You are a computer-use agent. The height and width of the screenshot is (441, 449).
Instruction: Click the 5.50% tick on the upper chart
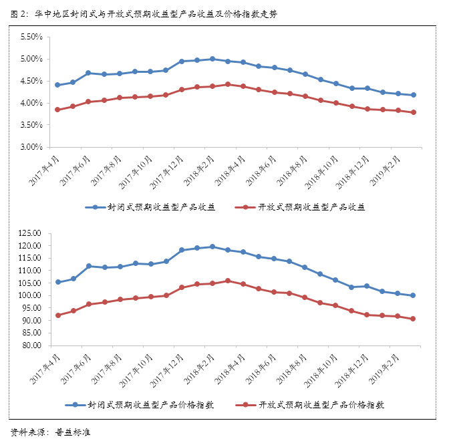pyautogui.click(x=31, y=37)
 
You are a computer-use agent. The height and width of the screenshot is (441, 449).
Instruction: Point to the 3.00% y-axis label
pyautogui.click(x=31, y=146)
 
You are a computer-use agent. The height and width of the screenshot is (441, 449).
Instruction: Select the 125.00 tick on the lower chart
pyautogui.click(x=30, y=233)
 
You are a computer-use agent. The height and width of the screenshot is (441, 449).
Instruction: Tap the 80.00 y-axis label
pyautogui.click(x=32, y=345)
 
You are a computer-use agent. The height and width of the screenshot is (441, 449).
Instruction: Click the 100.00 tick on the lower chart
pyautogui.click(x=30, y=295)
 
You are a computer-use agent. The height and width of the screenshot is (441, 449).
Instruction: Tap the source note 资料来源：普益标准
pyautogui.click(x=51, y=431)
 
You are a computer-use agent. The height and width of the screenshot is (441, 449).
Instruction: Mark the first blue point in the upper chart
pyautogui.click(x=57, y=85)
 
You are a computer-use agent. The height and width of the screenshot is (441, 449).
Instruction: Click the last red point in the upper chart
pyautogui.click(x=414, y=112)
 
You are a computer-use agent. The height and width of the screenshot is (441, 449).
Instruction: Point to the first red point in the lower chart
pyautogui.click(x=57, y=315)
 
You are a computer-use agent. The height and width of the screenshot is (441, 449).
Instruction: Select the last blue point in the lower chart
pyautogui.click(x=414, y=295)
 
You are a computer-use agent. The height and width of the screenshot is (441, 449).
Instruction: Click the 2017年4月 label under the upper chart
pyautogui.click(x=45, y=167)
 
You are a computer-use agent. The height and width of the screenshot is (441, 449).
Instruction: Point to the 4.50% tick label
pyautogui.click(x=31, y=81)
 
